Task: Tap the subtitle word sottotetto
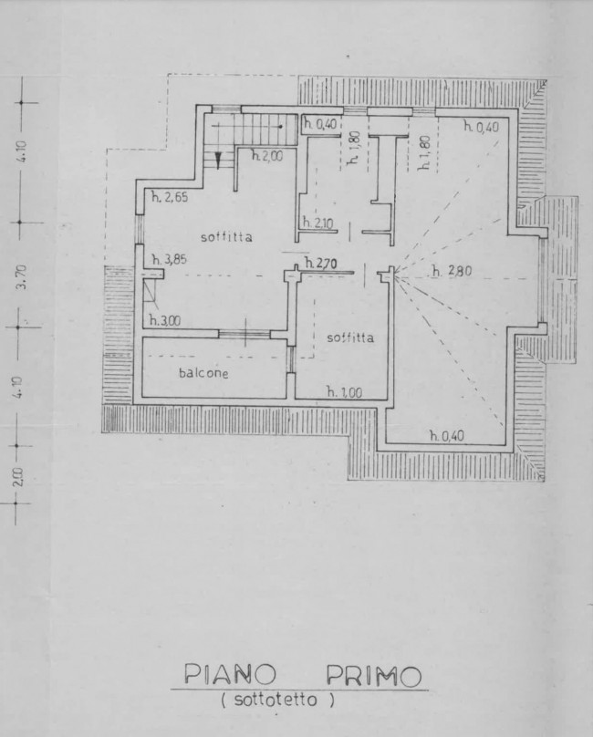tap(277, 700)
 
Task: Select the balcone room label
tap(203, 373)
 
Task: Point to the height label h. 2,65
tap(170, 197)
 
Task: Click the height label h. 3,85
tap(169, 259)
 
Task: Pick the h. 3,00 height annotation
tap(165, 320)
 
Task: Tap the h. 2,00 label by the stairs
tap(267, 156)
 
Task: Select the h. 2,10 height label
tap(317, 223)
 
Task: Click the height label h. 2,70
tap(321, 264)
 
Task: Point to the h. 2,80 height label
tap(452, 271)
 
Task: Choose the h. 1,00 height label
tap(345, 391)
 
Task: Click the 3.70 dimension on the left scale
tap(22, 276)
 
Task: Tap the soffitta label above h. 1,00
tap(351, 337)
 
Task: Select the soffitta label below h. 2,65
tap(226, 237)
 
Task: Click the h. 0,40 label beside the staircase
tap(320, 124)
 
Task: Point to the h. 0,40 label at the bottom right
tap(447, 436)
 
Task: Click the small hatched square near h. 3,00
tap(149, 289)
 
